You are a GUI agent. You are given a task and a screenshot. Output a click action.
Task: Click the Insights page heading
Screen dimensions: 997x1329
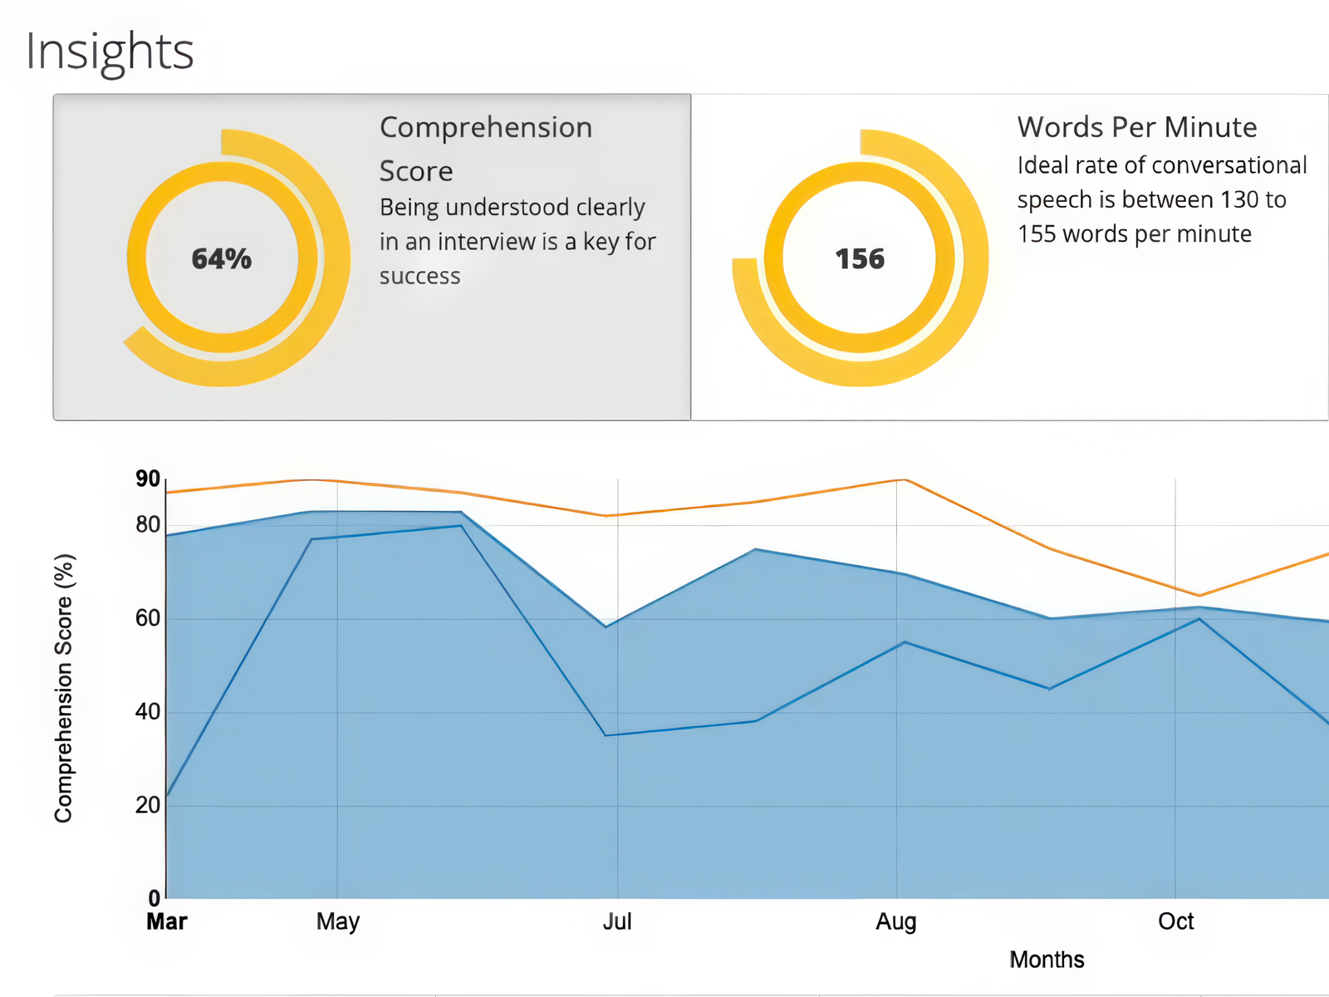coord(110,52)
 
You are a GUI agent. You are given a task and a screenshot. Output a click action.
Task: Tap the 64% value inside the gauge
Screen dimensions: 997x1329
coord(221,259)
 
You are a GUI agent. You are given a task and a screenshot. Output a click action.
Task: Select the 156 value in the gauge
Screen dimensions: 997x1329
coord(860,259)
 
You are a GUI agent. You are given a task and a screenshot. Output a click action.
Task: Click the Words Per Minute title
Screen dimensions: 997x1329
coord(1136,127)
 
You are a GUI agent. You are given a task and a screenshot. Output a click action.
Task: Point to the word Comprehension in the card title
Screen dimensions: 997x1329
coord(486,127)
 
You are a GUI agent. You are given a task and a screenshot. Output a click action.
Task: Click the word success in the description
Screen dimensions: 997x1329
coord(419,276)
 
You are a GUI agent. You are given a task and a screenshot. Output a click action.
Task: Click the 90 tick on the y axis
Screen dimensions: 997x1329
coord(148,479)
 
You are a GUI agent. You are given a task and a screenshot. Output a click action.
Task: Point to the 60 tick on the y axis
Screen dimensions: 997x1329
coord(148,618)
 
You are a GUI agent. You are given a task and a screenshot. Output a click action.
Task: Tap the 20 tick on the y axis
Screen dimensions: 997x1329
coord(148,805)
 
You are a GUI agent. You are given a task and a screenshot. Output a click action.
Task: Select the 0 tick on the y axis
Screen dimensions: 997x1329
coord(154,898)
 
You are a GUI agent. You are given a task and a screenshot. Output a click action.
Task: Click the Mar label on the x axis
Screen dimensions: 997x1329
coord(167,921)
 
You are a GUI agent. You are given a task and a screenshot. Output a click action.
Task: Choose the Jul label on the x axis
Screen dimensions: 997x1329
coord(617,921)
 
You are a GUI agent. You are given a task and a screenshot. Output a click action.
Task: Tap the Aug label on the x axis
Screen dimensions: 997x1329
coord(896,921)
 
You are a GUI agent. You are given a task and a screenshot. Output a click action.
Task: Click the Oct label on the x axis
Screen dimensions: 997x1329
coord(1175,921)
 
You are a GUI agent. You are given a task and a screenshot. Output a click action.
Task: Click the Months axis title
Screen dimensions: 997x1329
coord(1047,960)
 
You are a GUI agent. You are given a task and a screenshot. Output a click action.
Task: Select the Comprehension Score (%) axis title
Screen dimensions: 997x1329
coord(64,688)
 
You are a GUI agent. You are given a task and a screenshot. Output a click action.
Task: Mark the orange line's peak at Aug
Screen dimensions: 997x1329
coord(904,480)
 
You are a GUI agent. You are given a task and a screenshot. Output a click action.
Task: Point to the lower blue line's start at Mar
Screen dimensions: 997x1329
coord(168,796)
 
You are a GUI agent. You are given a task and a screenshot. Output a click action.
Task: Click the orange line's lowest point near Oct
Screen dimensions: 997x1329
coord(1199,595)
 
